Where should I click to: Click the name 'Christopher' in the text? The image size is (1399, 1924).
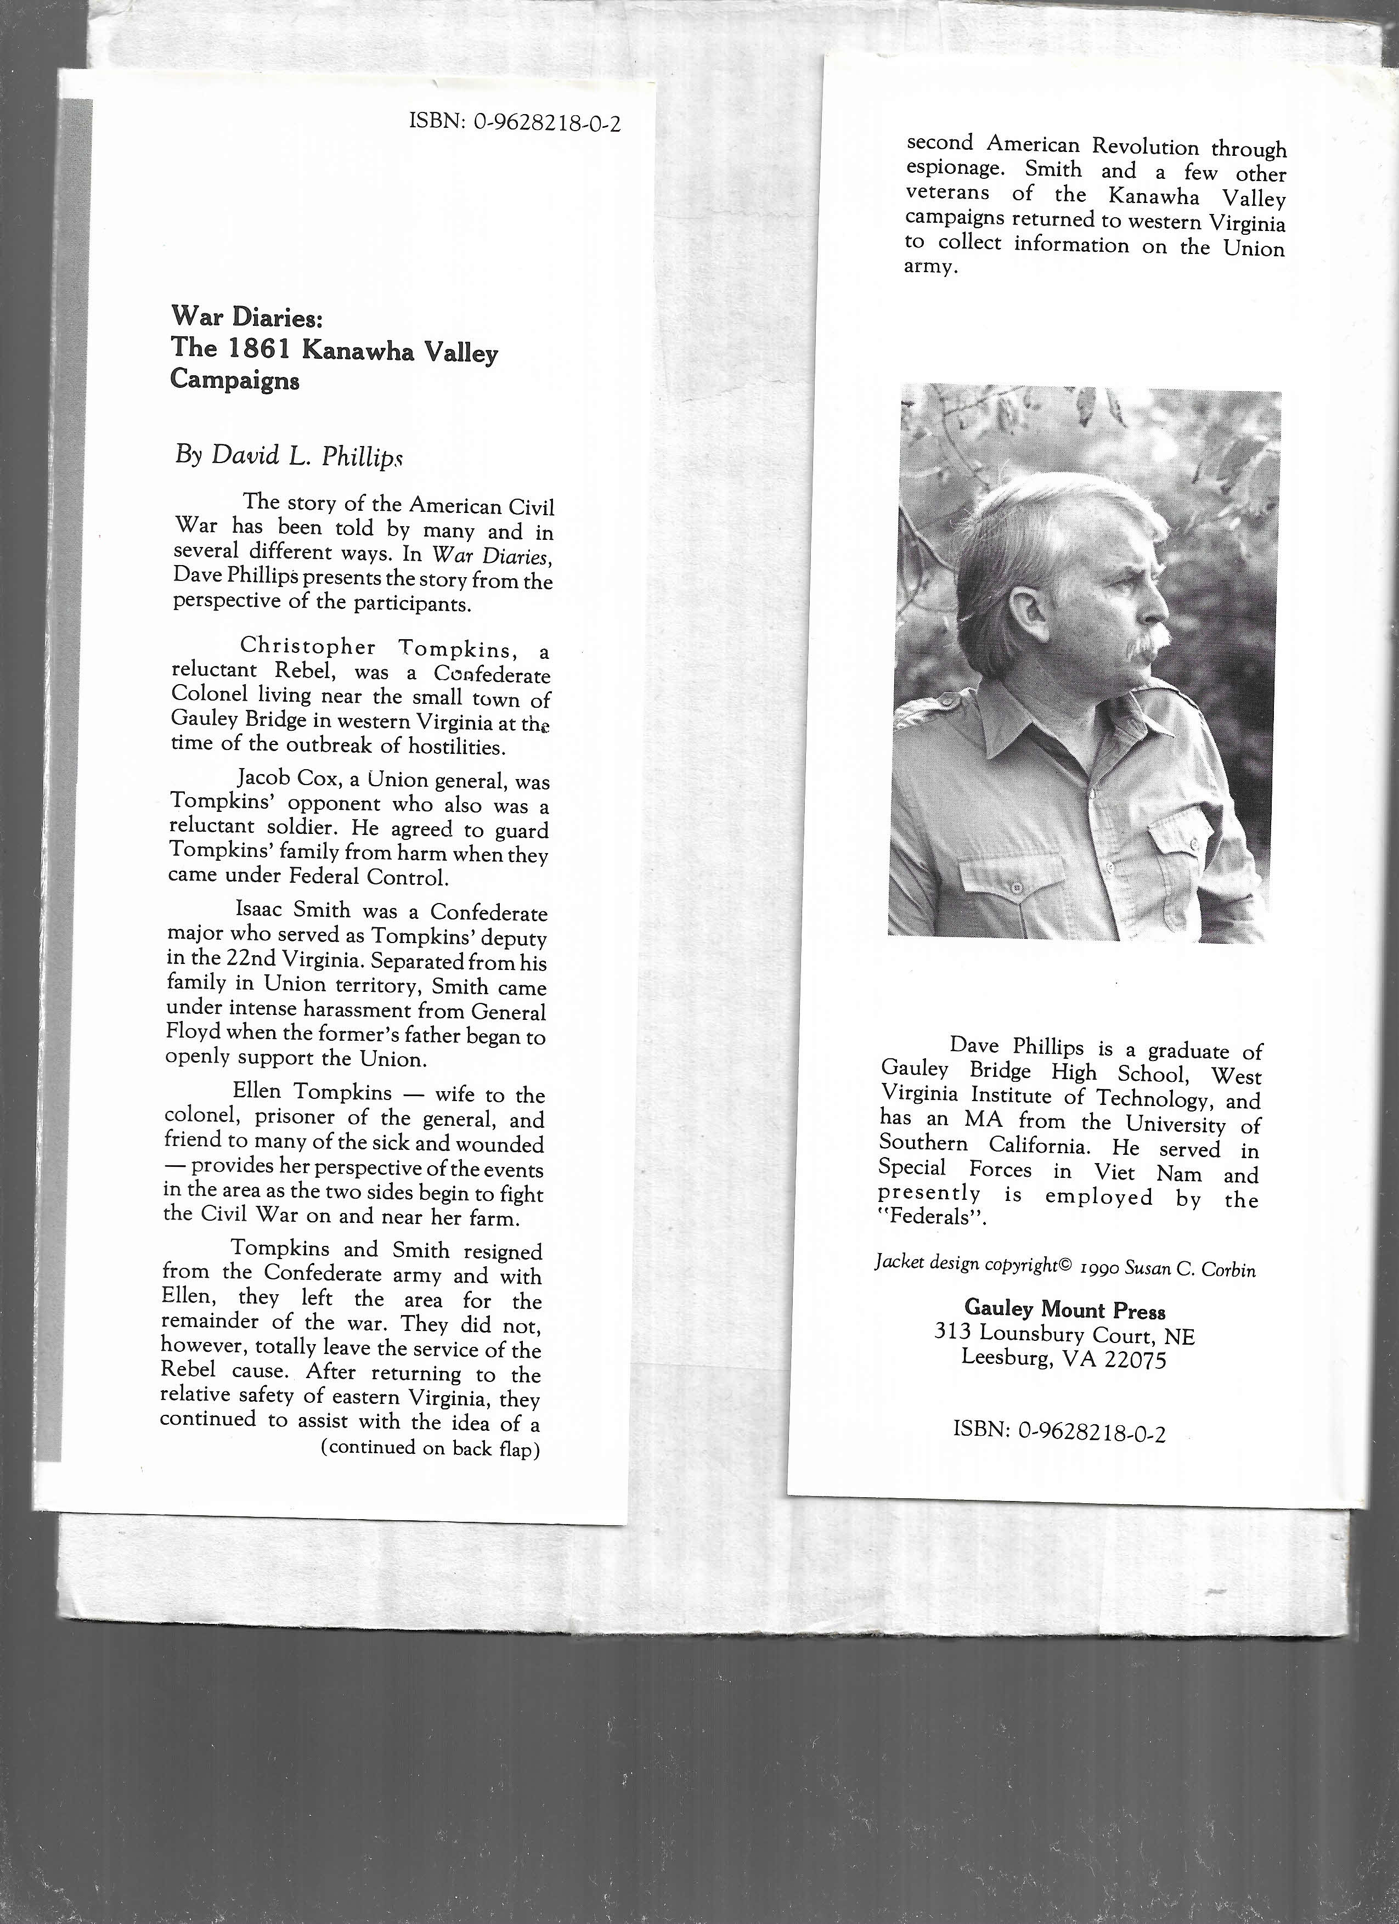(308, 647)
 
